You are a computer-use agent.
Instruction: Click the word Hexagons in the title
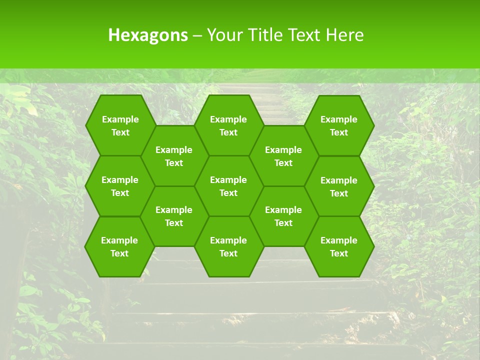click(148, 35)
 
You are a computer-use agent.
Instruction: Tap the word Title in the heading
click(264, 35)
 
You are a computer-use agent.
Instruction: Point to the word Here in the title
click(344, 35)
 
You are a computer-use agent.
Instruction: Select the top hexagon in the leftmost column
click(120, 125)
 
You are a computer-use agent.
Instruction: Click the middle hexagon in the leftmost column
click(120, 186)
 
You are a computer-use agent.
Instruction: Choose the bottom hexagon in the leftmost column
click(119, 246)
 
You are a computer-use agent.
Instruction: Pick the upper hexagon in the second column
click(174, 156)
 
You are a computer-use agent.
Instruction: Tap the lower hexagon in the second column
click(174, 216)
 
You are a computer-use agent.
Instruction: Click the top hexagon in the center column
click(228, 125)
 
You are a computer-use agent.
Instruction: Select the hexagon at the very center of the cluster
click(228, 186)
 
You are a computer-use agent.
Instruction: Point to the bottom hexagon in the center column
click(228, 246)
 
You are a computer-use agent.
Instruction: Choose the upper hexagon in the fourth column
click(283, 156)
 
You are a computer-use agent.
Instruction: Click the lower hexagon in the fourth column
click(283, 216)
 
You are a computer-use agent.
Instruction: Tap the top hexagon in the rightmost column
click(339, 125)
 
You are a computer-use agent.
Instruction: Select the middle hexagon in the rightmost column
click(339, 186)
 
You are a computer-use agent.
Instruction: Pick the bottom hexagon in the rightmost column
click(339, 246)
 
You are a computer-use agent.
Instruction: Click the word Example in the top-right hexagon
click(339, 119)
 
